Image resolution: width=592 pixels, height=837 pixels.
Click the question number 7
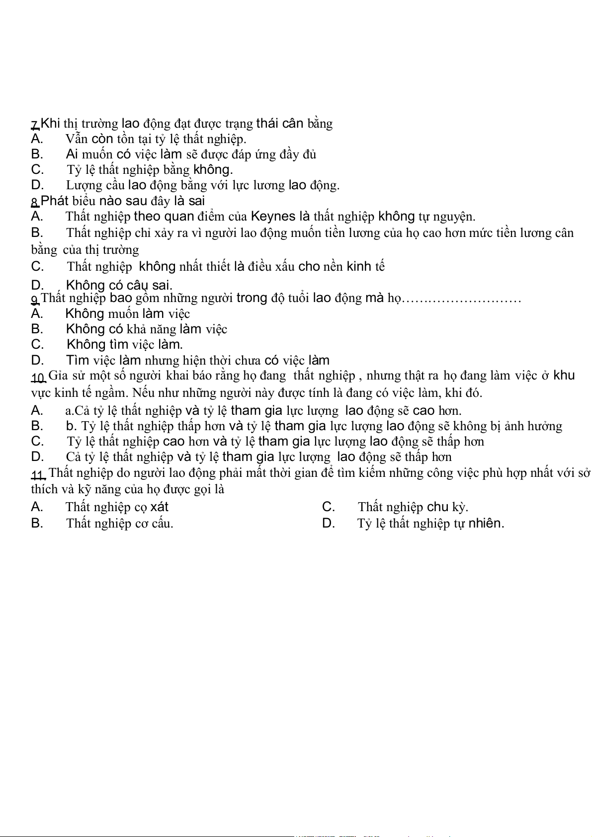35,124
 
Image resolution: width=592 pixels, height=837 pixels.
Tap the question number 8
35,202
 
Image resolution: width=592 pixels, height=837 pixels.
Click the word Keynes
273,217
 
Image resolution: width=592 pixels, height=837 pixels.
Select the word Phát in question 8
54,201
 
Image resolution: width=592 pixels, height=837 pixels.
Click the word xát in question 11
159,507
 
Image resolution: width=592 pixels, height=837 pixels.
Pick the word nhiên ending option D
486,523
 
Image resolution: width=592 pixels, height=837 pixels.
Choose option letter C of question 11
328,507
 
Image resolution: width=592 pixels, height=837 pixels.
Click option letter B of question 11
37,523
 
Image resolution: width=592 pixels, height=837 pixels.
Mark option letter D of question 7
37,185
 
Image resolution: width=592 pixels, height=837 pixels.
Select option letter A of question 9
37,314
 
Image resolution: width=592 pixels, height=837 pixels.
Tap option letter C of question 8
37,267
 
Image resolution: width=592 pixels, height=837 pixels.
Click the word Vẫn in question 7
77,139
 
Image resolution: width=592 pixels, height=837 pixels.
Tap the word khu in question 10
564,376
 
